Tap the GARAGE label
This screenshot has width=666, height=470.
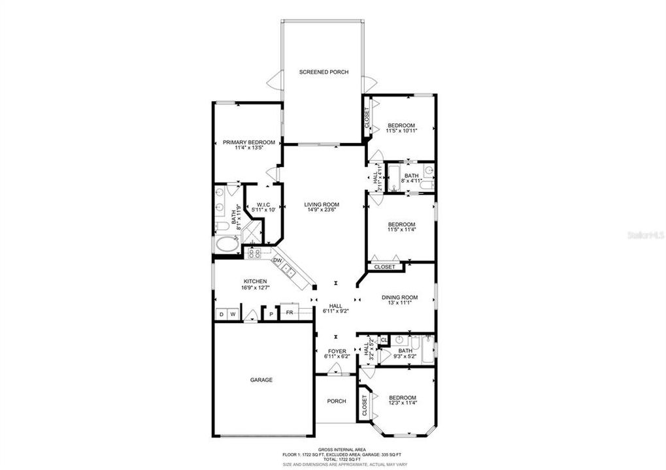coord(261,380)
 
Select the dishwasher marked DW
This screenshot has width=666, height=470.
coord(278,261)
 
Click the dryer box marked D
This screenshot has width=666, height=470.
coord(221,315)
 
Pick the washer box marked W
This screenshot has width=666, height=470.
coord(233,315)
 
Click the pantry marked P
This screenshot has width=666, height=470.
coord(271,315)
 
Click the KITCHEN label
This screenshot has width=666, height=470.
coord(237,281)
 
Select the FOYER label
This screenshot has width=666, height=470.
coord(337,351)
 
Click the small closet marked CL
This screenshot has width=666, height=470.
coord(384,339)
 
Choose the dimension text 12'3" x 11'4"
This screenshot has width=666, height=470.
coord(403,403)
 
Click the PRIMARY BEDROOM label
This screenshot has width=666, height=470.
coord(243,142)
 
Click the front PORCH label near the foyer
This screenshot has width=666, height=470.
coord(337,401)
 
